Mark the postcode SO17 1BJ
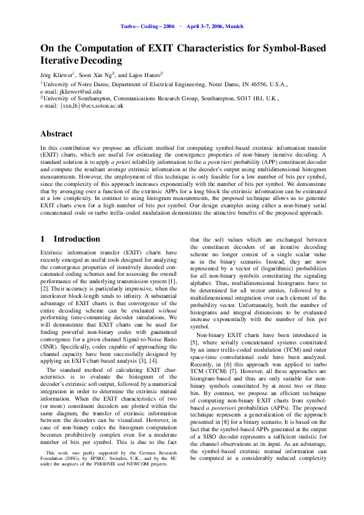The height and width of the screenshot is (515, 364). click(249, 98)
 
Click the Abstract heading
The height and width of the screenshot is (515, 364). click(56, 133)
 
